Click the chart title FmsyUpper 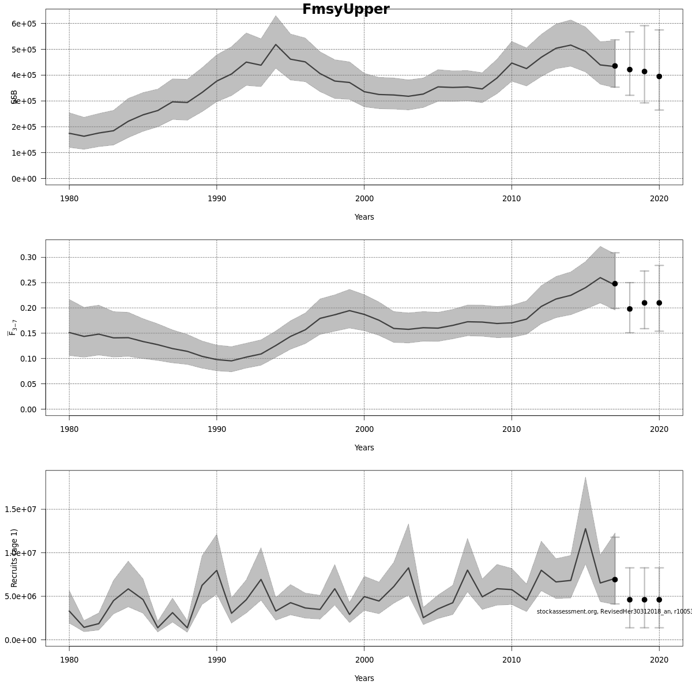[x=346, y=9]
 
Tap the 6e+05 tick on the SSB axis [x=24, y=24]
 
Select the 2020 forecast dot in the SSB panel [x=659, y=76]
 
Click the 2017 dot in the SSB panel [x=615, y=66]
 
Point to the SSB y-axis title [x=14, y=97]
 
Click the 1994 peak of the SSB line [x=276, y=44]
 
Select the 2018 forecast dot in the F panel [x=630, y=309]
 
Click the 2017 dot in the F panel [x=615, y=284]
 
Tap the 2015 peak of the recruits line [x=585, y=529]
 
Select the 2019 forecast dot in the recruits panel [x=644, y=600]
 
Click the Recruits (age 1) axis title [x=14, y=558]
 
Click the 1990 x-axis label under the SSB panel [x=216, y=199]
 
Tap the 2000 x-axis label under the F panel [x=364, y=430]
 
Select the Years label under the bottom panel [x=364, y=678]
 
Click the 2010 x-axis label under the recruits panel [x=512, y=660]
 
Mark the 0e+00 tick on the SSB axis [x=24, y=179]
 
